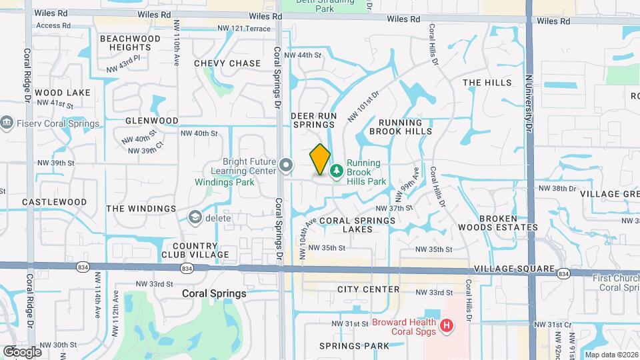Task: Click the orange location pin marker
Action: (320, 159)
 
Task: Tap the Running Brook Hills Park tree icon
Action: (337, 171)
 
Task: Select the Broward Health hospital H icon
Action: (447, 326)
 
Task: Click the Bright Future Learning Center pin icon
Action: (286, 165)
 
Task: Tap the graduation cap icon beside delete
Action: (195, 217)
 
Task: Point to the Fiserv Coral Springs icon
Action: (7, 123)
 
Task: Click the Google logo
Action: (22, 352)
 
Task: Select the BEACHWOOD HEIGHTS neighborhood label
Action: (130, 43)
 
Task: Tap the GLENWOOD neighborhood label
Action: (152, 121)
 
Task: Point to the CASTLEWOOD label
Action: (55, 202)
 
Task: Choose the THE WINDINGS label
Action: (141, 209)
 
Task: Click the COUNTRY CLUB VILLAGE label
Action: (195, 250)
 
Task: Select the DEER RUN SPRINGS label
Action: (313, 120)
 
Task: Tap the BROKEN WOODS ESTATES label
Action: (508, 223)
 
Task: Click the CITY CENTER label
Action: (369, 289)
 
